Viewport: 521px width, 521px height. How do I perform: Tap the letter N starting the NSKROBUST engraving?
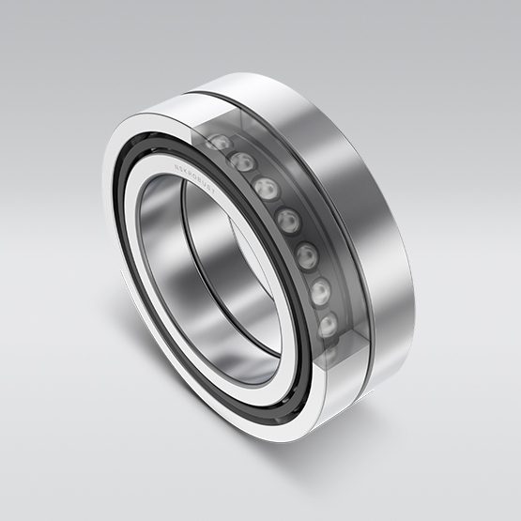tap(175, 165)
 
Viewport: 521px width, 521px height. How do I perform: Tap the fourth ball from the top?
tap(288, 221)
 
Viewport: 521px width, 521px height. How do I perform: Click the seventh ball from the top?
tap(329, 325)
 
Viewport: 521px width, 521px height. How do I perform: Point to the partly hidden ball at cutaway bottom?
tap(329, 355)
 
